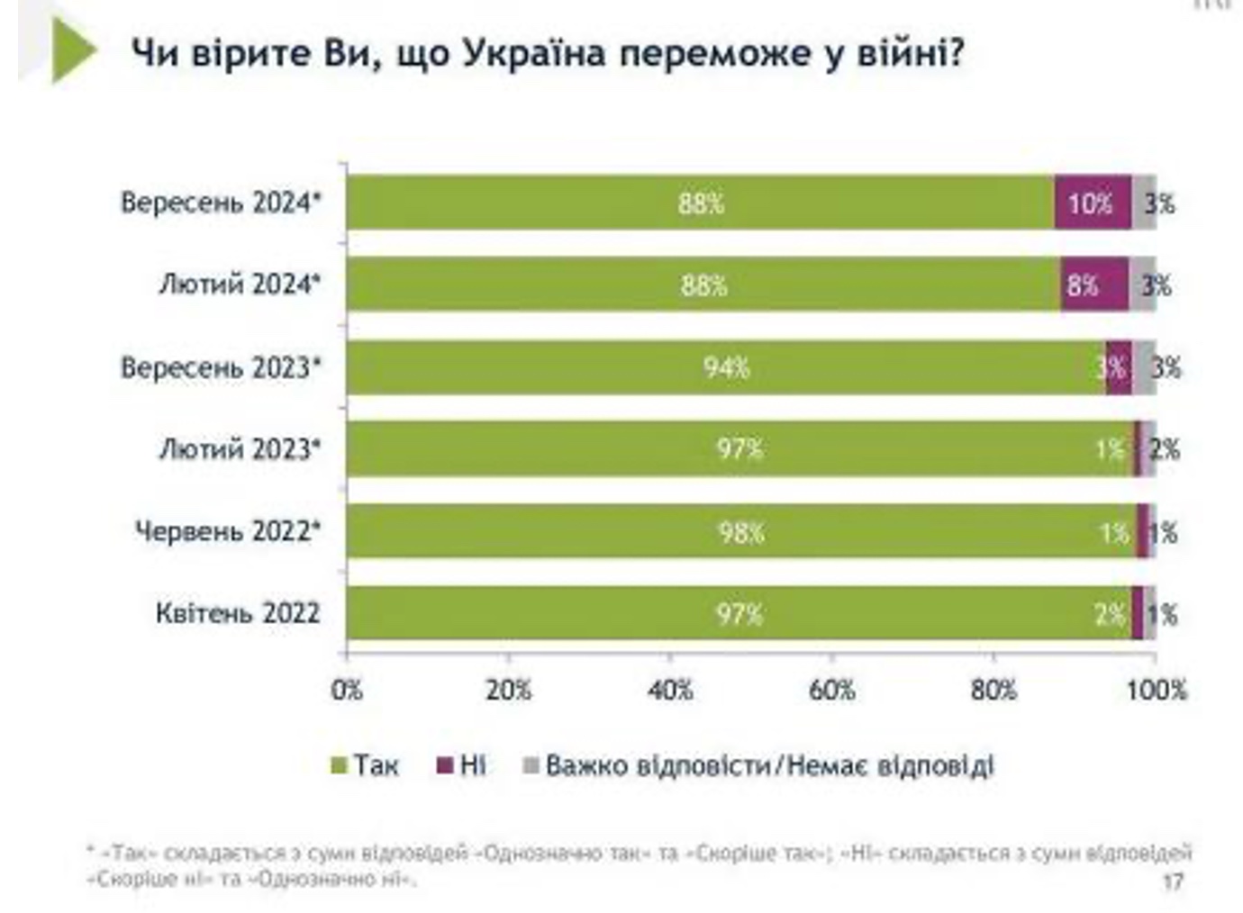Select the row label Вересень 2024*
click(221, 203)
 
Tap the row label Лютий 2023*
click(240, 448)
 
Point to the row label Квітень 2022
click(238, 613)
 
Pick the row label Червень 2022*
click(228, 531)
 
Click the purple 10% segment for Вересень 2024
click(1092, 203)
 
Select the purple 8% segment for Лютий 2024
click(1093, 285)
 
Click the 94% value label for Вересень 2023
click(726, 367)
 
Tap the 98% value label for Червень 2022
click(740, 532)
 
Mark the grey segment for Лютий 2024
click(1142, 285)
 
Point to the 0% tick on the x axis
click(347, 691)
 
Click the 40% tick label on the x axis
click(670, 691)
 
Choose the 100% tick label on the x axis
click(1157, 691)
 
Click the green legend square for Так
click(339, 766)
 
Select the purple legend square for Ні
click(444, 766)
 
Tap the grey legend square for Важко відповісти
click(531, 766)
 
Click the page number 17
click(1172, 881)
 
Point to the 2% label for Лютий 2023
click(1164, 448)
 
